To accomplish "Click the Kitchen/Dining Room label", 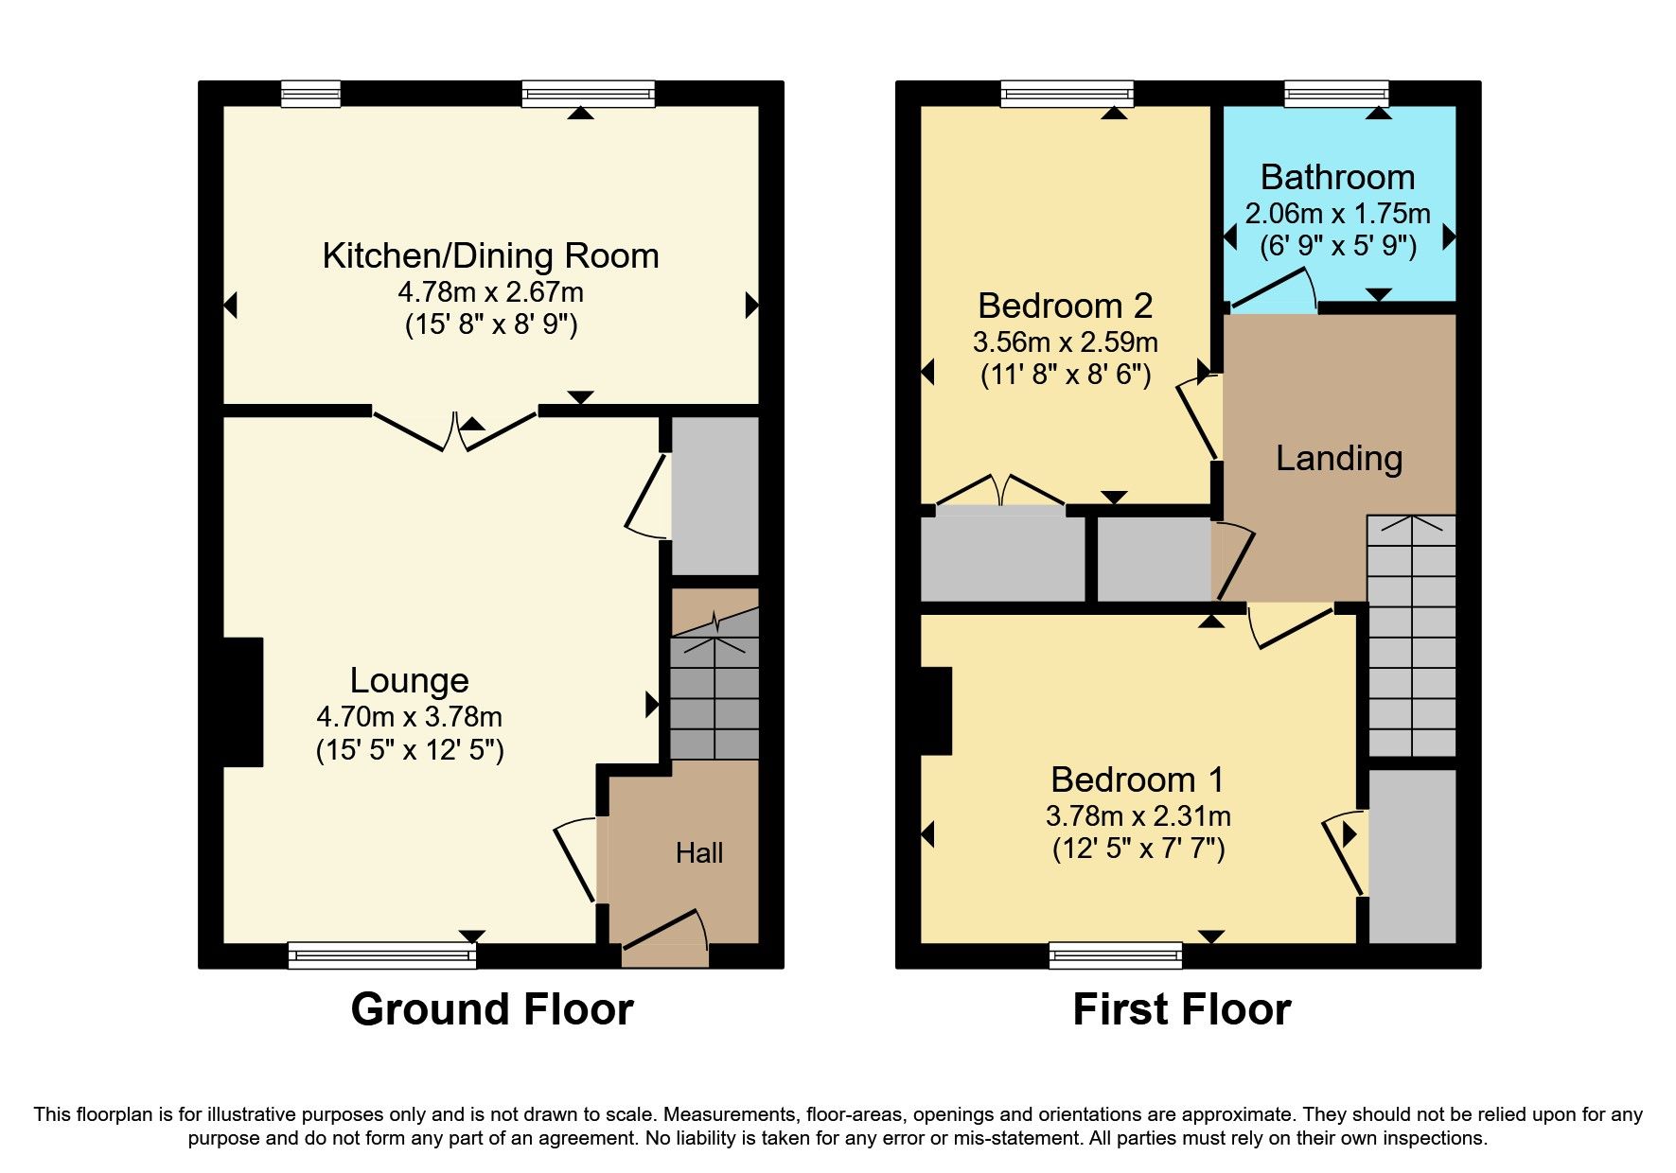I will (490, 256).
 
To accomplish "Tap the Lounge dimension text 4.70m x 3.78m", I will (409, 717).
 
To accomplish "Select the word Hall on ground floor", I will (699, 853).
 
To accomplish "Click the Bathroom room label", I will (1337, 178).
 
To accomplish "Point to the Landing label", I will (1338, 459).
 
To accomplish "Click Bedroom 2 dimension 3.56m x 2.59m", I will (1065, 342).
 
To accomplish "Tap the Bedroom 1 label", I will (1138, 780).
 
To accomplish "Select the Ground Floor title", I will (491, 1009).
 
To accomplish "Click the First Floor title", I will (1181, 1009).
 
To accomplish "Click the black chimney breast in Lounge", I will (242, 702).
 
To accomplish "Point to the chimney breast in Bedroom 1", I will (936, 711).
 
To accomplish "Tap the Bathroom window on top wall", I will (1335, 94).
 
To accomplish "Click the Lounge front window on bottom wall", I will (381, 955).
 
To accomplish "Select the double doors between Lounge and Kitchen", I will (455, 429).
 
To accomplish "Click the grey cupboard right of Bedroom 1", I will (1412, 855).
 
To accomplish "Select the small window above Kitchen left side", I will (310, 94).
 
